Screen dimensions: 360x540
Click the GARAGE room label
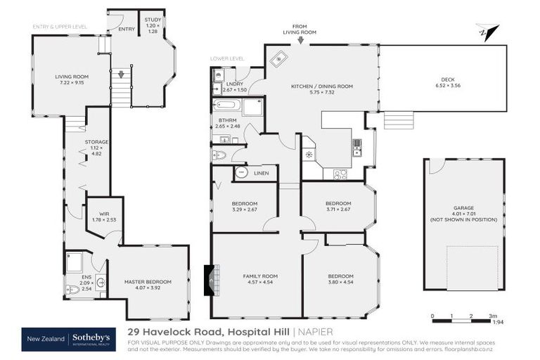(463, 208)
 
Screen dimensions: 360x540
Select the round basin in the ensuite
(100, 283)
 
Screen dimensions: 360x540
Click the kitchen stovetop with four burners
(340, 173)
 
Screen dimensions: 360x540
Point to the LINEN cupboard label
(262, 172)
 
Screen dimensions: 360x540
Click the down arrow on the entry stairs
(121, 73)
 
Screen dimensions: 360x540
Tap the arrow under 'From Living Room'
(300, 41)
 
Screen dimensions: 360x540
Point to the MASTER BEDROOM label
(148, 282)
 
